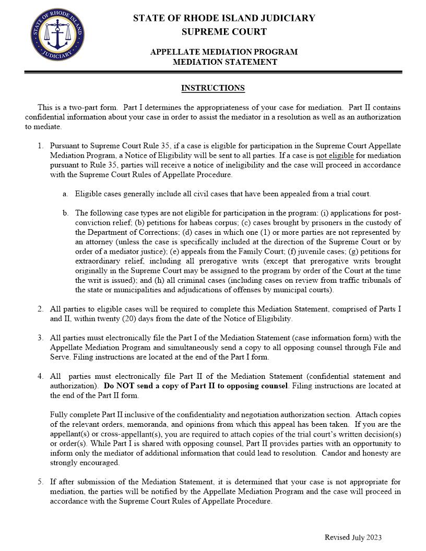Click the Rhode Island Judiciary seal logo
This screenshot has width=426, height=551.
point(57,36)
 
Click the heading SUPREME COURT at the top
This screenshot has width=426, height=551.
point(224,32)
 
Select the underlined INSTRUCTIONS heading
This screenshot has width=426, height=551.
point(212,88)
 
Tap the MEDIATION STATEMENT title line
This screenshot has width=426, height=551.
point(224,62)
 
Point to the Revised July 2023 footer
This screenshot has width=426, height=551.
point(353,537)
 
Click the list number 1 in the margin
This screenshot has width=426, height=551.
point(40,147)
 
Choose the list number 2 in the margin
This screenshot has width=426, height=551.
point(40,309)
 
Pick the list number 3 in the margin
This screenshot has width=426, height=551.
point(40,338)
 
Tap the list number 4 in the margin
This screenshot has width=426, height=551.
point(40,376)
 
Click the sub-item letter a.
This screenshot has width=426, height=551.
point(65,194)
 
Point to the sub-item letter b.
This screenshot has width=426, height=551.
point(65,213)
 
